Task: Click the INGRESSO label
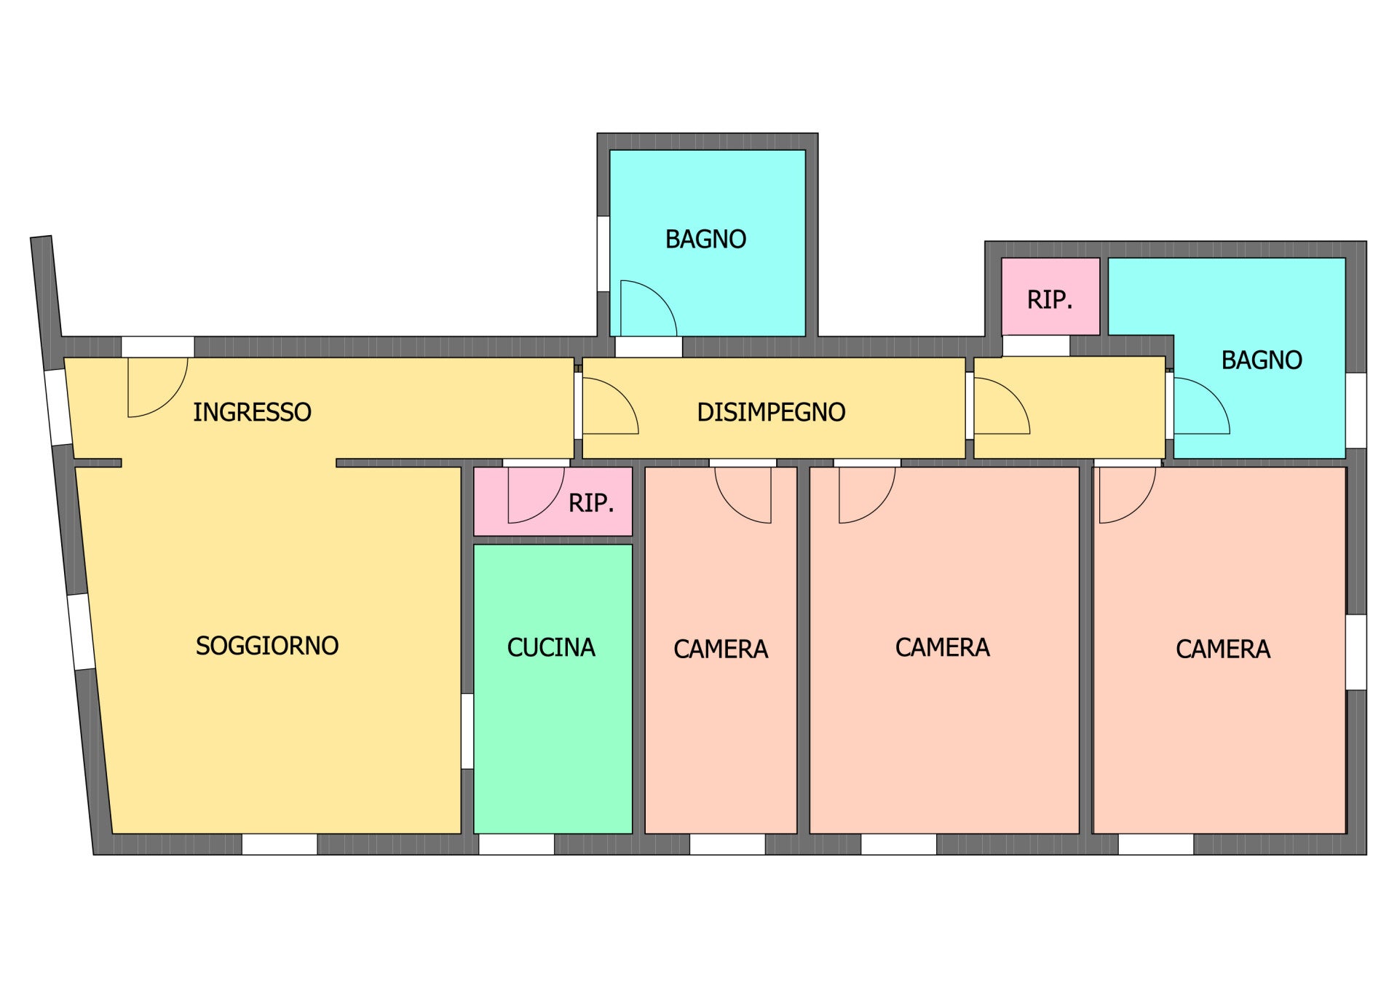(x=252, y=412)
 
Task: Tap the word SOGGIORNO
(x=267, y=646)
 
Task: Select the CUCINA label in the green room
(x=551, y=647)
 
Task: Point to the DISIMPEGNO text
(x=771, y=412)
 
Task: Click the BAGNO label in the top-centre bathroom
(x=705, y=239)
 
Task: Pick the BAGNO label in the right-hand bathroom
(x=1262, y=360)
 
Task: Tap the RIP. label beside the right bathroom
(x=1050, y=299)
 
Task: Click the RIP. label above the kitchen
(x=591, y=502)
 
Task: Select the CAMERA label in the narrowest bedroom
(x=721, y=649)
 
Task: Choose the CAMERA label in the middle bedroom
(x=942, y=647)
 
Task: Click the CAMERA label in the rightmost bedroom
(x=1223, y=649)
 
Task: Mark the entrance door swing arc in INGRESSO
(x=171, y=400)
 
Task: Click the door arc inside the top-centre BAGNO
(x=660, y=297)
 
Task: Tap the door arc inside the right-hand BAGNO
(x=1214, y=395)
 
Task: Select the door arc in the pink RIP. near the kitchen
(x=548, y=507)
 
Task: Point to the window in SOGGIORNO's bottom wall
(x=280, y=844)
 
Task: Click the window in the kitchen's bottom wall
(x=516, y=844)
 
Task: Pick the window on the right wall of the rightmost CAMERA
(x=1356, y=652)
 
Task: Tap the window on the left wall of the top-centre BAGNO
(x=603, y=254)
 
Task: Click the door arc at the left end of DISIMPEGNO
(x=622, y=395)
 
